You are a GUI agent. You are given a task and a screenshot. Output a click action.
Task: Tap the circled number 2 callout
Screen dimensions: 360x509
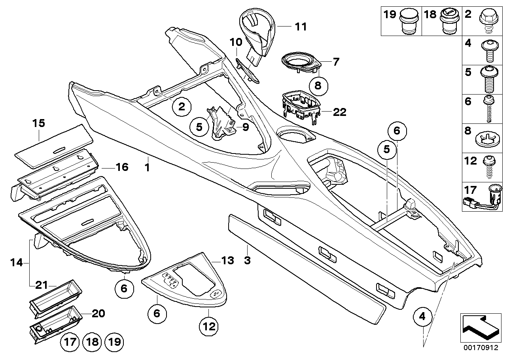pos(182,106)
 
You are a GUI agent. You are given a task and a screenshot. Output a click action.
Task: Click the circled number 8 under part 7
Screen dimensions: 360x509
pos(319,84)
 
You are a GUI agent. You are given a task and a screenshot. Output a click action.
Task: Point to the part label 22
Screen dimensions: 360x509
pos(339,112)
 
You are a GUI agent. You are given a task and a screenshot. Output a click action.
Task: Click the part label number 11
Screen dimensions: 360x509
pos(301,27)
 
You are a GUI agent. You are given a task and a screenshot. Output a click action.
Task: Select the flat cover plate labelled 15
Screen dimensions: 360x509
pos(53,142)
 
